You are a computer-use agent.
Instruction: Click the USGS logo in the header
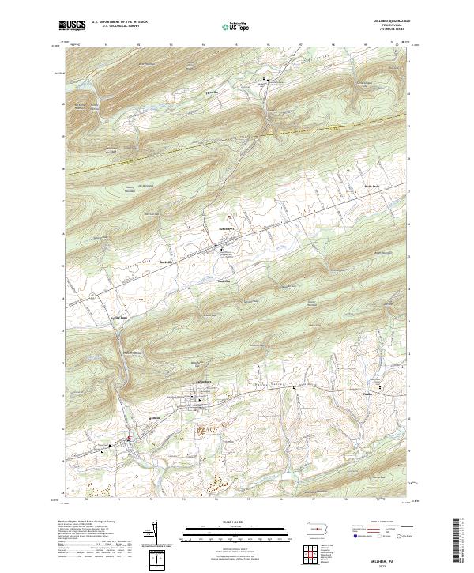(73, 25)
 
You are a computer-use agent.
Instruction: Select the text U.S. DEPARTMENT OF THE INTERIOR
(119, 22)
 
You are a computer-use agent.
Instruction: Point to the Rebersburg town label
(228, 228)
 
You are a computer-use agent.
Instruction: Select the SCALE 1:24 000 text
(224, 521)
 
